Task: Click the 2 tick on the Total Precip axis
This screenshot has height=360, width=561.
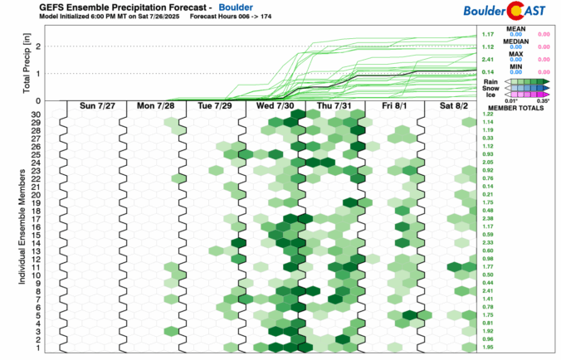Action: (x=38, y=46)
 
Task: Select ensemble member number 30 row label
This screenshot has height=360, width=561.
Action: (x=37, y=114)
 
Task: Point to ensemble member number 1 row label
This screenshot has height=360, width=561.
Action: (x=38, y=348)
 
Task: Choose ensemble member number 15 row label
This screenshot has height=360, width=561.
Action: (x=37, y=235)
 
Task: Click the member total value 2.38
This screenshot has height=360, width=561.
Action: (x=488, y=218)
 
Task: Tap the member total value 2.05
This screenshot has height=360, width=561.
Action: (x=488, y=163)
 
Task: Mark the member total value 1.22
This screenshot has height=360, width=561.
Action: (x=488, y=114)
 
